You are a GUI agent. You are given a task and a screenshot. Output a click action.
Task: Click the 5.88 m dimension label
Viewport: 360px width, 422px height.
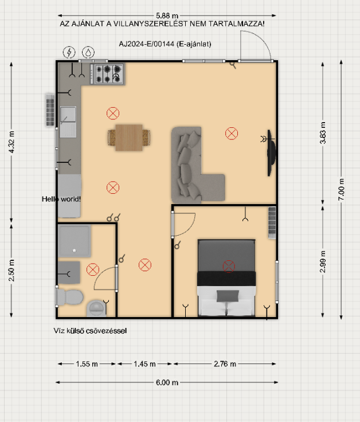point(167,15)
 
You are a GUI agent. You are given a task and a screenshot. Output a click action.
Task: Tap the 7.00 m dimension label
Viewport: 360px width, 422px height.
point(341,189)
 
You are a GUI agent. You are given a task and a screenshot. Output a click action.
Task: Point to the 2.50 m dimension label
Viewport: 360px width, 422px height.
point(11,270)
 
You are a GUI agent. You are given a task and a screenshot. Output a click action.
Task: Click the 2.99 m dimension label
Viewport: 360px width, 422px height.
point(323,262)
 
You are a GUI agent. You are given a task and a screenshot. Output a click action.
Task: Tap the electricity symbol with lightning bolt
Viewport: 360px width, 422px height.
point(69,52)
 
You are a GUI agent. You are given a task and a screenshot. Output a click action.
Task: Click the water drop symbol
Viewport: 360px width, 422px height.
point(88,52)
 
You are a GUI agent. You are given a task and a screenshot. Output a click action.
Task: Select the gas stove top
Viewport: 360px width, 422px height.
point(108,74)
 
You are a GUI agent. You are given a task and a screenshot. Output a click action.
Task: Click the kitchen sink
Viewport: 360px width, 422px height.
point(68,122)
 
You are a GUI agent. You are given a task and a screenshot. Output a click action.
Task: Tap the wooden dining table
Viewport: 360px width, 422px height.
point(129,138)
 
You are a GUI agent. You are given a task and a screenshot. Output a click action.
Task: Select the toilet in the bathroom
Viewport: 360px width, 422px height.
point(70,298)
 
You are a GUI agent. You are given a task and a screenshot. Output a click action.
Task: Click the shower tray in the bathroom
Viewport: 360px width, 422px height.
point(75,241)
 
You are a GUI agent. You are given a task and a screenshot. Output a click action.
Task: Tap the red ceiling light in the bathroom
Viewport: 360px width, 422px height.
point(93,269)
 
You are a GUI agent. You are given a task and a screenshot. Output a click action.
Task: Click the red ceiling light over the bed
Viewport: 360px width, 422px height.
point(229,267)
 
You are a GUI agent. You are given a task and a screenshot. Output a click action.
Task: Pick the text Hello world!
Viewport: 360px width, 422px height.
point(61,199)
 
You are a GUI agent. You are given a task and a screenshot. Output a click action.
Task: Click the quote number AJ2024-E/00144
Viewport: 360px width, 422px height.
point(147,44)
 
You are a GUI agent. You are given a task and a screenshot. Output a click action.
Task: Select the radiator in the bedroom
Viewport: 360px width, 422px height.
point(272,222)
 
